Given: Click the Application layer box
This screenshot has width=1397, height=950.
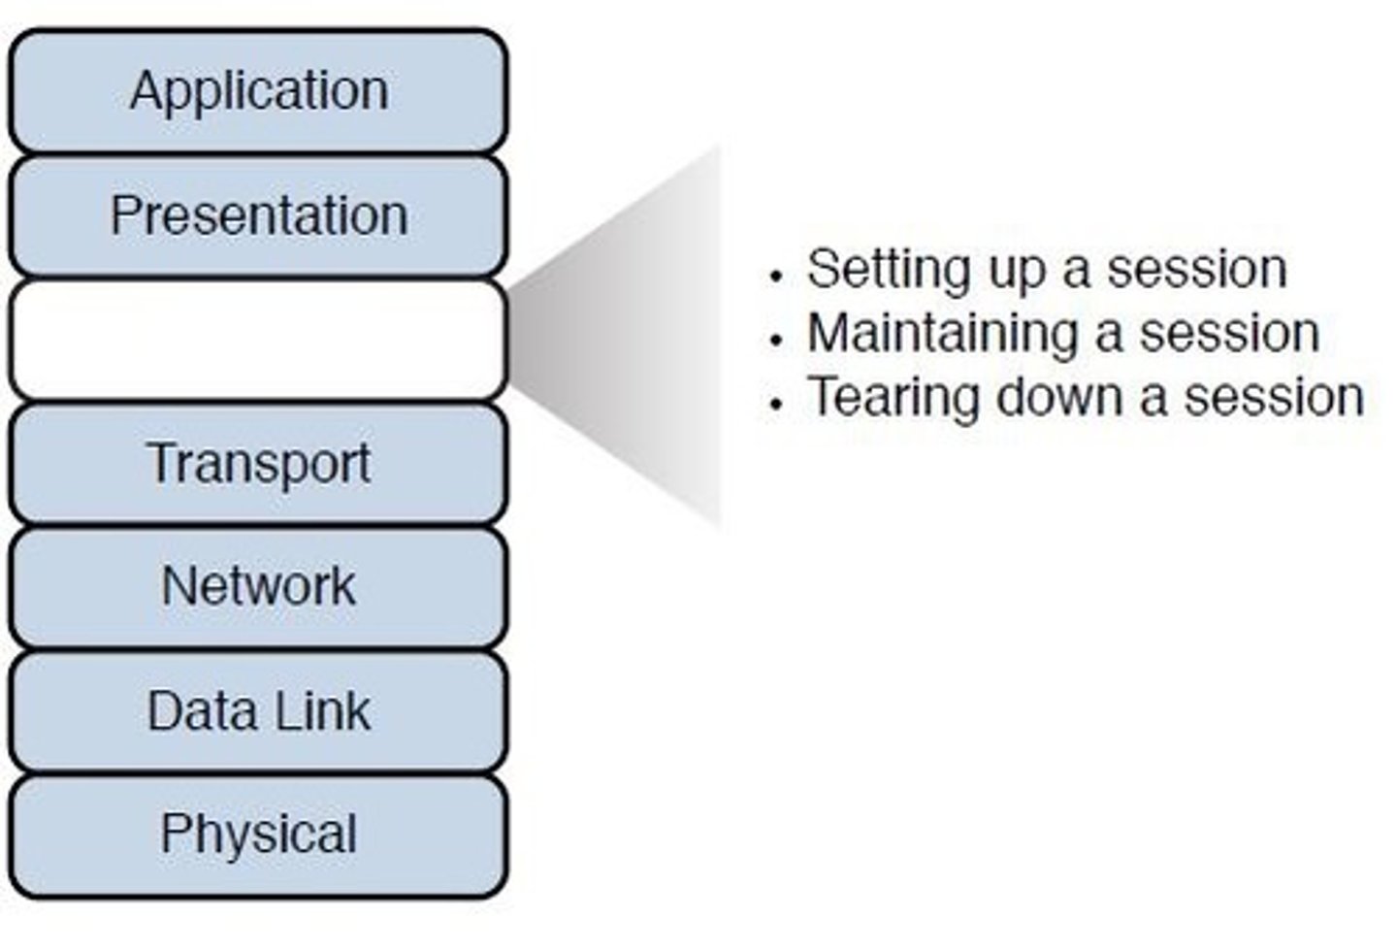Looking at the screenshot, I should click(x=258, y=91).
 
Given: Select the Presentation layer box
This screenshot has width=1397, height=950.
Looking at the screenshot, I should click(x=258, y=215).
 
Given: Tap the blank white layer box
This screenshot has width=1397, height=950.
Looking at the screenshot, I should click(x=258, y=340).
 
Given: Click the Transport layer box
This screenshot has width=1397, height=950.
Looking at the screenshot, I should click(x=258, y=464).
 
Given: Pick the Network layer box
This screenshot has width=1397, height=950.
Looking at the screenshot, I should click(x=258, y=587).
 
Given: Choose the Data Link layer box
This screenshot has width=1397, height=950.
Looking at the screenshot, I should click(x=258, y=711).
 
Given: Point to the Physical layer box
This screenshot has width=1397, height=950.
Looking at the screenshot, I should click(x=258, y=835).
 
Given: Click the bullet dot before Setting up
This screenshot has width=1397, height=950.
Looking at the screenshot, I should click(x=774, y=276).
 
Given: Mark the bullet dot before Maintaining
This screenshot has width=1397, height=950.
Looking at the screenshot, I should click(x=774, y=340).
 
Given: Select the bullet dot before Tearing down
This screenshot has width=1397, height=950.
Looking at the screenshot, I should click(x=774, y=404).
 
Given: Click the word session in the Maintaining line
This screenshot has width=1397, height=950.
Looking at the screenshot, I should click(x=1229, y=334).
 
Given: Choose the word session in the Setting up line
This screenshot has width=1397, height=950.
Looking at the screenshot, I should click(x=1197, y=270).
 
